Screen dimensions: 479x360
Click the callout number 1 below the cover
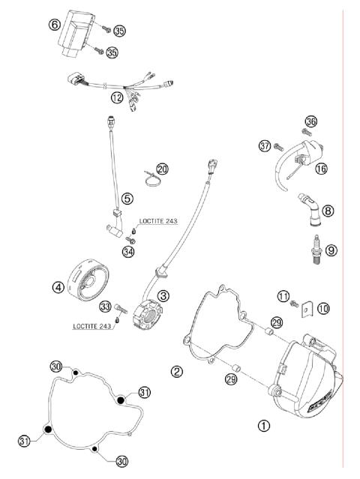point(263,425)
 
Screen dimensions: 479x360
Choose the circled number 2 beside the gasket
point(176,371)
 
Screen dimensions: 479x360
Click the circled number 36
point(310,121)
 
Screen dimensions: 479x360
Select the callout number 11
point(283,297)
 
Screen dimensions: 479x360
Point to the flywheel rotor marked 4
point(88,279)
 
